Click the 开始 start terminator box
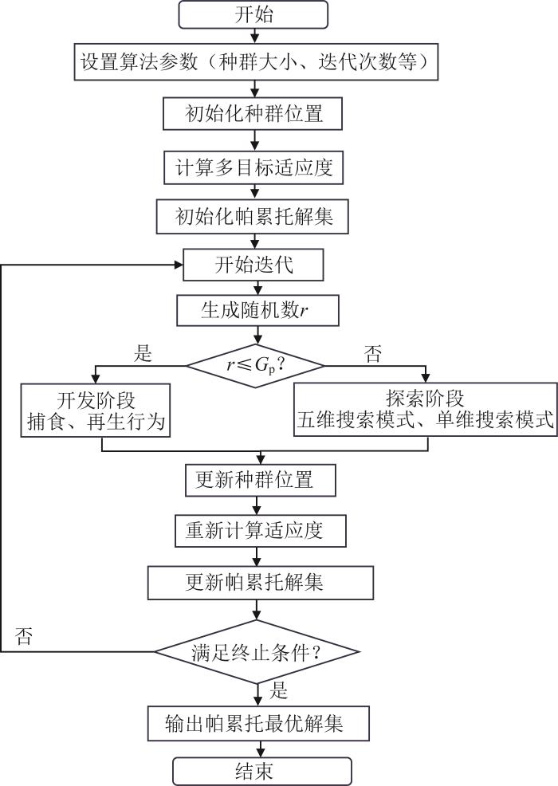coord(254,14)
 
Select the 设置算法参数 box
coord(258,61)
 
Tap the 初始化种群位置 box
coord(254,113)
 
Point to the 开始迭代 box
coord(254,265)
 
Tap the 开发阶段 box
coord(96,409)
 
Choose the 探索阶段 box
coord(425,409)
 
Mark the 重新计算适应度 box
coord(254,530)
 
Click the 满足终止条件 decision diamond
coord(254,650)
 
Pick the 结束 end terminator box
coord(261,772)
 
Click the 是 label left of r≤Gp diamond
coord(143,354)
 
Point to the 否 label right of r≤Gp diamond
coord(372,354)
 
